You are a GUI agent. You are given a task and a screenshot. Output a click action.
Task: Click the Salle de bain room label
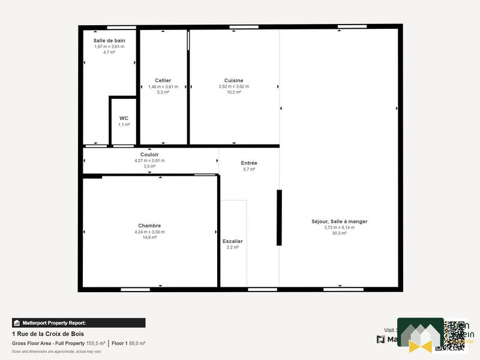(109, 40)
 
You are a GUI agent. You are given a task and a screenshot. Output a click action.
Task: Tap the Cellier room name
(163, 80)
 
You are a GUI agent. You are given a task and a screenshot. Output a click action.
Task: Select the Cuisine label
(233, 80)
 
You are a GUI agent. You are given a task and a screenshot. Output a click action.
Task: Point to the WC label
(124, 118)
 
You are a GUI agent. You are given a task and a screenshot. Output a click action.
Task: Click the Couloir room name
(149, 154)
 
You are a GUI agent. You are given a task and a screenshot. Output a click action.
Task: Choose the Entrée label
(249, 163)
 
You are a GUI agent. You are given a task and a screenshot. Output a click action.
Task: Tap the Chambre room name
(149, 226)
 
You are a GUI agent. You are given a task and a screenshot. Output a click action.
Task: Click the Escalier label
(232, 241)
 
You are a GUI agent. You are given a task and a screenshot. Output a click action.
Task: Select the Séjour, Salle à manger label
(339, 221)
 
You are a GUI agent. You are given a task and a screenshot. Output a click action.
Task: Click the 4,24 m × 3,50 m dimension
(149, 232)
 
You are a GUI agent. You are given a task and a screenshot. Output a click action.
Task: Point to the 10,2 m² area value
(233, 92)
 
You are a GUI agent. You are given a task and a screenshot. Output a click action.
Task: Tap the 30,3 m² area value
(339, 233)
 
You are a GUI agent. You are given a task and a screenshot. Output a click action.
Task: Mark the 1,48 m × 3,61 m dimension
(163, 86)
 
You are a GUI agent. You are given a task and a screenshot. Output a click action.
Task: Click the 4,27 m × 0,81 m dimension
(149, 160)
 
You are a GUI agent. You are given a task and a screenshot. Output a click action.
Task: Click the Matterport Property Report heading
(78, 323)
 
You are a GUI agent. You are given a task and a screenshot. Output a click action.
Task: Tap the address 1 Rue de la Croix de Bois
(48, 334)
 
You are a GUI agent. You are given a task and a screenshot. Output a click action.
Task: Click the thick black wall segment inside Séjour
(279, 217)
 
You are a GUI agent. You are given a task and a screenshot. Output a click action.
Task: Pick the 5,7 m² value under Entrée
(249, 170)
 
